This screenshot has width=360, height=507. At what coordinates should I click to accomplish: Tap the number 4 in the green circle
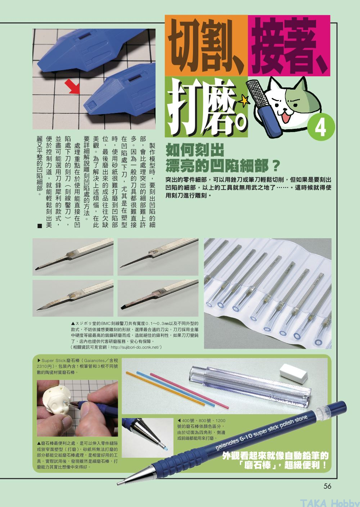point(321,128)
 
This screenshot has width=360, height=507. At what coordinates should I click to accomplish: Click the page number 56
point(327,486)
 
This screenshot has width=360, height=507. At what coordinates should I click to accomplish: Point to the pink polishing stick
point(189,391)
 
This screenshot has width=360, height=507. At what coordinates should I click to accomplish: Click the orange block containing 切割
point(206,45)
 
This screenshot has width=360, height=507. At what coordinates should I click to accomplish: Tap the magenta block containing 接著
point(289,45)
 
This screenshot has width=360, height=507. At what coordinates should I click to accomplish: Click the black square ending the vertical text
point(40,226)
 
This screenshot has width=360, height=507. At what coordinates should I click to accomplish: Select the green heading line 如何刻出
point(195,150)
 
